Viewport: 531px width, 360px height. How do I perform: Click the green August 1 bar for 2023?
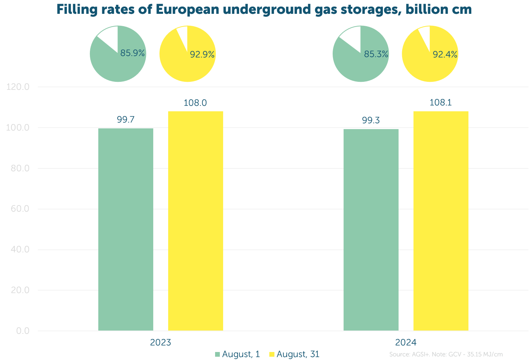tap(126, 229)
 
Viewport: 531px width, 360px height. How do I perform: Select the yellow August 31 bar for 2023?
tap(195, 221)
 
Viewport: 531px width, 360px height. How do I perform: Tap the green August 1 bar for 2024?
tap(371, 230)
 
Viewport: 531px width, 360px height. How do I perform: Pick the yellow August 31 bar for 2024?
tap(441, 221)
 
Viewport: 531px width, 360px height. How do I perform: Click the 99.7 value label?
tap(126, 120)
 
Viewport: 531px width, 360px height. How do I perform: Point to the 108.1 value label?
tap(441, 103)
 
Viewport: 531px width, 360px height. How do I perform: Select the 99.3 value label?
tap(371, 120)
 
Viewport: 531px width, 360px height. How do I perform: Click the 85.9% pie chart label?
tap(132, 53)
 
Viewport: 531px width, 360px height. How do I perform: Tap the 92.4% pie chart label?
tap(445, 55)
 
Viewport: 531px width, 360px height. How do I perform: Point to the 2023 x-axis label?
tap(161, 343)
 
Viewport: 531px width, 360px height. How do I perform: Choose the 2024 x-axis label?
tap(406, 343)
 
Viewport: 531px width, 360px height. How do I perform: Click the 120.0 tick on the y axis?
tap(18, 87)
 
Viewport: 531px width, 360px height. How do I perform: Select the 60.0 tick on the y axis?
tap(20, 209)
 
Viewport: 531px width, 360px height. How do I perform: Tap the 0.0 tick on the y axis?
tap(23, 331)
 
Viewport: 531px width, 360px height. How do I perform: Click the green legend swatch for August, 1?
tap(217, 354)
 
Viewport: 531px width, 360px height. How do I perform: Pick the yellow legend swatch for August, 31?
tap(272, 354)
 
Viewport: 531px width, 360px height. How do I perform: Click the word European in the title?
tap(187, 10)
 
